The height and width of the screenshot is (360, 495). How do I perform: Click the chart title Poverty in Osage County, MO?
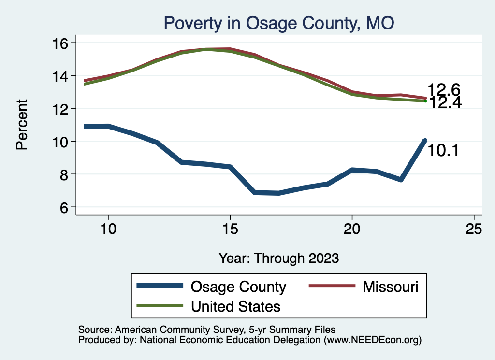tap(279, 23)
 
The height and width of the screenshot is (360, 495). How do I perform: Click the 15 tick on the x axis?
tap(230, 229)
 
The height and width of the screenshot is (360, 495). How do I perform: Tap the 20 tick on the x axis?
tap(352, 229)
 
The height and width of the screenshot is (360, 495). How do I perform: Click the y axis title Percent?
tap(22, 124)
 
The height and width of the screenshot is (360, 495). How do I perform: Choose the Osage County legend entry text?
tap(239, 287)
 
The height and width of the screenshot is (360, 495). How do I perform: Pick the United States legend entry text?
tap(236, 306)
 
